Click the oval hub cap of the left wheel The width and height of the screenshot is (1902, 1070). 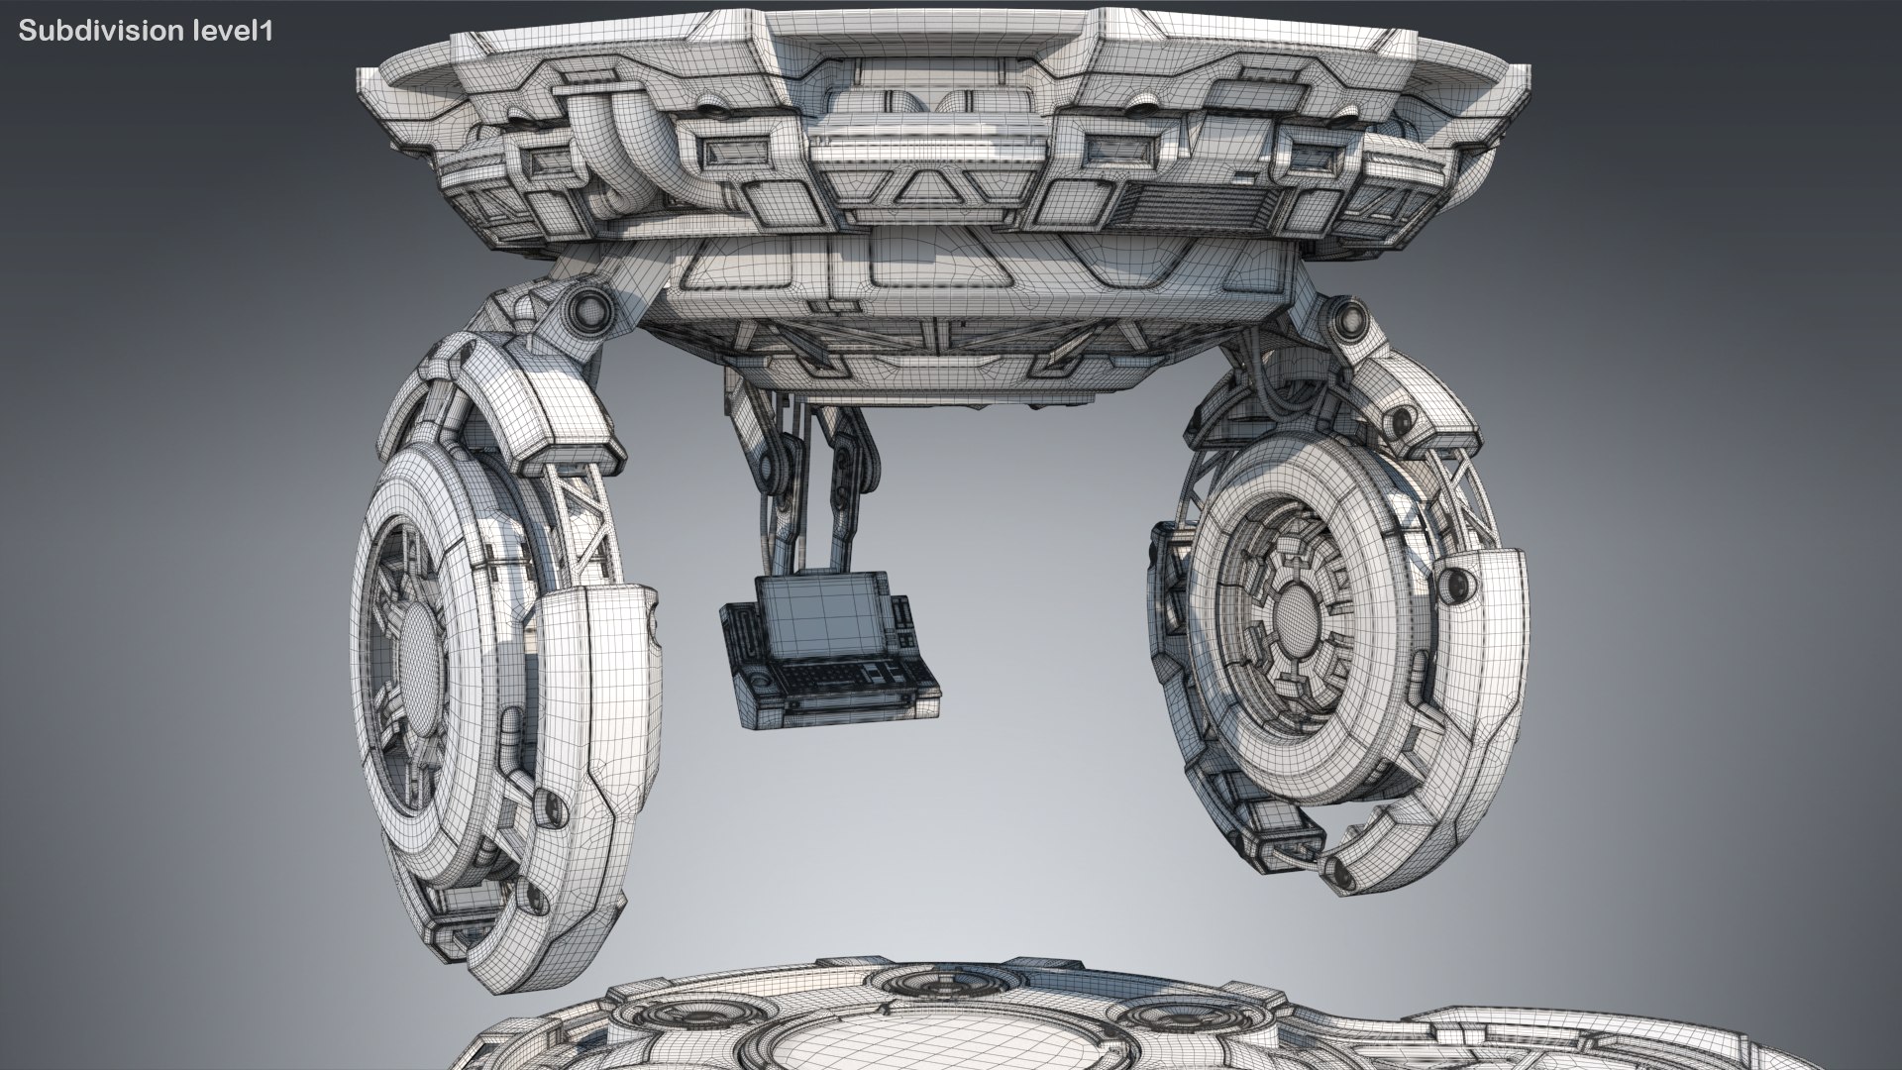(422, 654)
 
